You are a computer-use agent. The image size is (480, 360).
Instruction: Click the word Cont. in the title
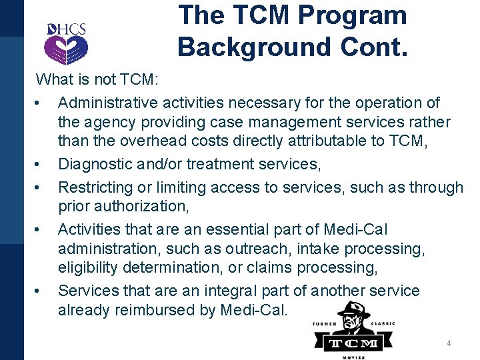pos(375,47)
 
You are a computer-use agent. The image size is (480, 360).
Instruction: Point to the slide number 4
pos(449,343)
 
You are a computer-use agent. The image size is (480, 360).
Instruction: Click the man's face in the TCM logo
pos(353,321)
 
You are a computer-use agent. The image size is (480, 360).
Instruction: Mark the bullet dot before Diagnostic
pos(41,165)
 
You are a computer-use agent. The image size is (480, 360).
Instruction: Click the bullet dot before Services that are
pos(41,291)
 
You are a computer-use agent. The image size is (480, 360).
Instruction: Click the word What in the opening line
pos(54,80)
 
